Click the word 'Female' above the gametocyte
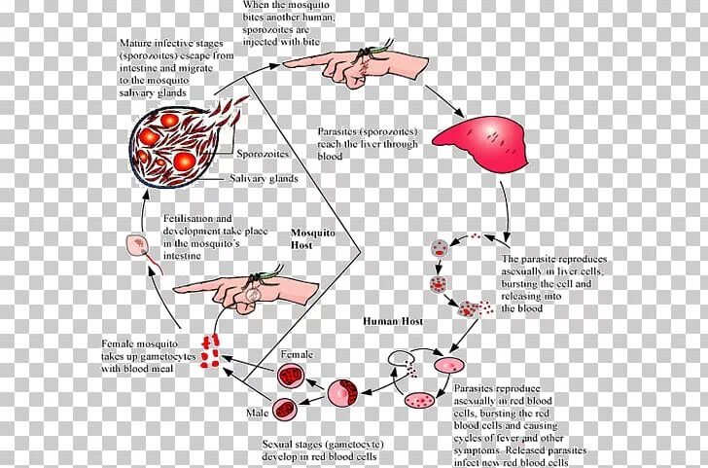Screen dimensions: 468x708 296,355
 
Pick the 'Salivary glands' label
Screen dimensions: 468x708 264,179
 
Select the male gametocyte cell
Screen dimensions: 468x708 285,408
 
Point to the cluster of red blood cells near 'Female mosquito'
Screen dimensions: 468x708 212,345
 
